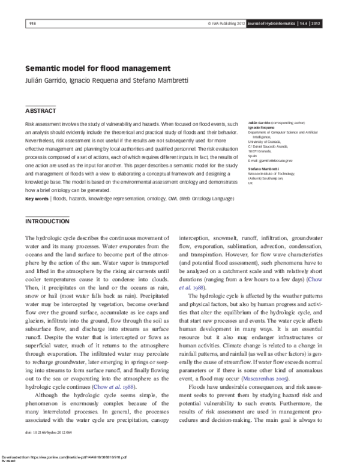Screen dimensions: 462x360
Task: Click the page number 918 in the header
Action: tap(32, 23)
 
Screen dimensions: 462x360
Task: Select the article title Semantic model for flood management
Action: tap(98, 68)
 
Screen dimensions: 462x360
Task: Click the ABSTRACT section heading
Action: tap(40, 111)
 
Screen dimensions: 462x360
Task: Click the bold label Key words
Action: tap(37, 181)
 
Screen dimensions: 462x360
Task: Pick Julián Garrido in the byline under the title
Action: tap(47, 81)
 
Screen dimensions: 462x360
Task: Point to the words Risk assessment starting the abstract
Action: tap(46, 122)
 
